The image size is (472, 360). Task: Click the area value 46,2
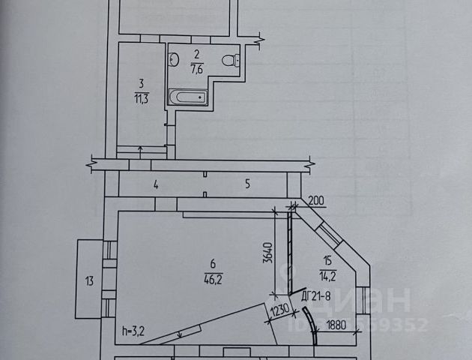[214, 277]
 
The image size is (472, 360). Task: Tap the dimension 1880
[337, 325]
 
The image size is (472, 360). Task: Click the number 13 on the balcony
[89, 282]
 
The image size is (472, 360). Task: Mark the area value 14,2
[327, 272]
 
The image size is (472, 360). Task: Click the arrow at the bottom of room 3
[142, 148]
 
